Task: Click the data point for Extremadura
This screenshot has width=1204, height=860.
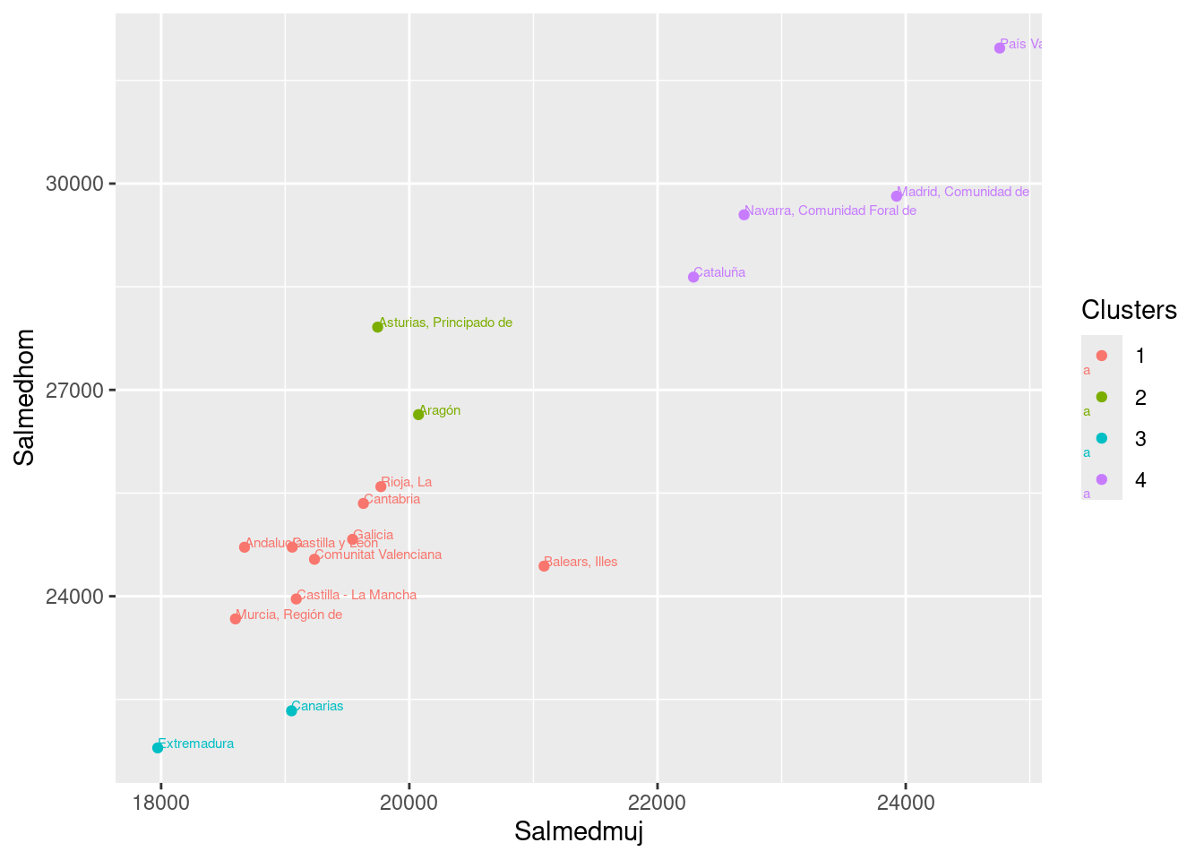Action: tap(158, 747)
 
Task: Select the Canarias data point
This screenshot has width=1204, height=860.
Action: tap(291, 710)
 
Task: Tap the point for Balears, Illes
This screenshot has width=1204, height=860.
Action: tap(544, 565)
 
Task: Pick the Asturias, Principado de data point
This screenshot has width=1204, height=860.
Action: tap(377, 327)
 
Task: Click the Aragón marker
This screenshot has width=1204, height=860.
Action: tap(418, 414)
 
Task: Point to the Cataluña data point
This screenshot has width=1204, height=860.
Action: tap(693, 277)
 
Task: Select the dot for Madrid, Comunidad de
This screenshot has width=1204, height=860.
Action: tap(897, 196)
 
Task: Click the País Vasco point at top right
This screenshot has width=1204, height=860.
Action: tap(1000, 47)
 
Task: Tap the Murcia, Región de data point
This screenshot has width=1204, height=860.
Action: tap(236, 618)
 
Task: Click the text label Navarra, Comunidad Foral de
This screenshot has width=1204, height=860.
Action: tap(830, 211)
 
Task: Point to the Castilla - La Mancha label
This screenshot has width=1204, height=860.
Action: tap(357, 595)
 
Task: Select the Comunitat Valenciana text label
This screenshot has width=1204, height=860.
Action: tap(379, 555)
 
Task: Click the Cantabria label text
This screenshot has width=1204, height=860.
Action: tap(392, 499)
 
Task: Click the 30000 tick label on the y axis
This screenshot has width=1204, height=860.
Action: tap(74, 184)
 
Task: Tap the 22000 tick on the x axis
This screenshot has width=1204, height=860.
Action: tap(658, 802)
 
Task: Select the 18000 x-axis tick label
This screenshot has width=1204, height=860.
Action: tap(160, 802)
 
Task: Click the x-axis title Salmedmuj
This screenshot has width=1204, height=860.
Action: tap(579, 832)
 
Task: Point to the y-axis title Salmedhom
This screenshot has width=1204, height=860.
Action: tap(25, 397)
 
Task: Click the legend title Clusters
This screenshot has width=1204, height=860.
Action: tap(1129, 310)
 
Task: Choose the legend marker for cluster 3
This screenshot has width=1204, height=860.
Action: tap(1102, 438)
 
